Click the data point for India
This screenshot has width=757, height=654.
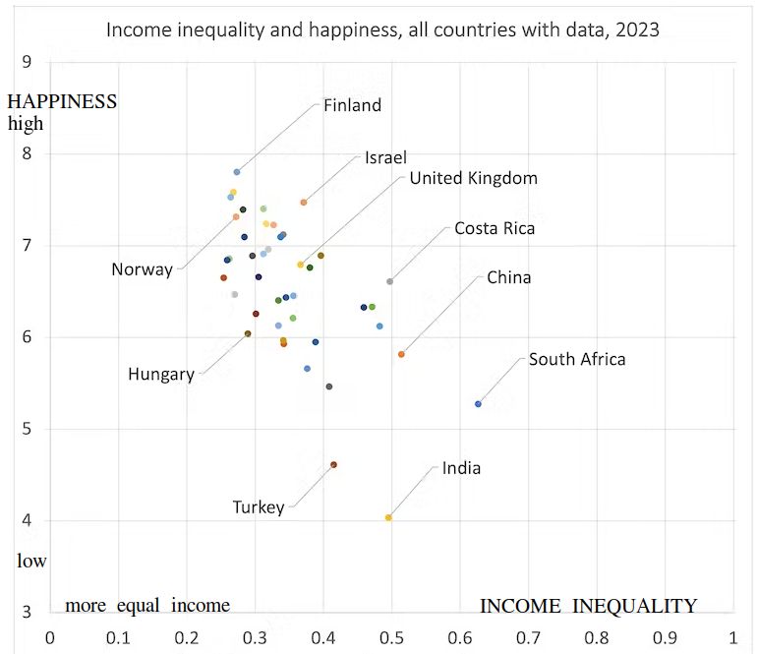[x=388, y=517]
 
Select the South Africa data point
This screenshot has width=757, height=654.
[x=479, y=404]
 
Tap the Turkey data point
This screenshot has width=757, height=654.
[x=334, y=464]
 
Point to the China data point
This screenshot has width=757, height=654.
[x=401, y=354]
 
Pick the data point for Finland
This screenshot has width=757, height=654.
[x=237, y=172]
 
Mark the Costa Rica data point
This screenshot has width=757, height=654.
[x=390, y=281]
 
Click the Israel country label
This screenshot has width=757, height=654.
[x=385, y=158]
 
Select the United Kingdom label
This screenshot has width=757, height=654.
[x=473, y=178]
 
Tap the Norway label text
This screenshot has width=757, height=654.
[x=142, y=269]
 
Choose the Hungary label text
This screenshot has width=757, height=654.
[x=161, y=374]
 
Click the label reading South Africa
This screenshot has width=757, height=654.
[x=577, y=359]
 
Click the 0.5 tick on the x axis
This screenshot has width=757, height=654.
[x=391, y=636]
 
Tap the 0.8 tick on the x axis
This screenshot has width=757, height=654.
[x=597, y=636]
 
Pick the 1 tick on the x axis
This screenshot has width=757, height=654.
[x=733, y=636]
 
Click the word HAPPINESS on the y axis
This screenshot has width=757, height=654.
[x=62, y=101]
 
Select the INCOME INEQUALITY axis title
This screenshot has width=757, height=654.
[x=588, y=606]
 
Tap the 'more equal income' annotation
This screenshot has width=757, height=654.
[x=147, y=605]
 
